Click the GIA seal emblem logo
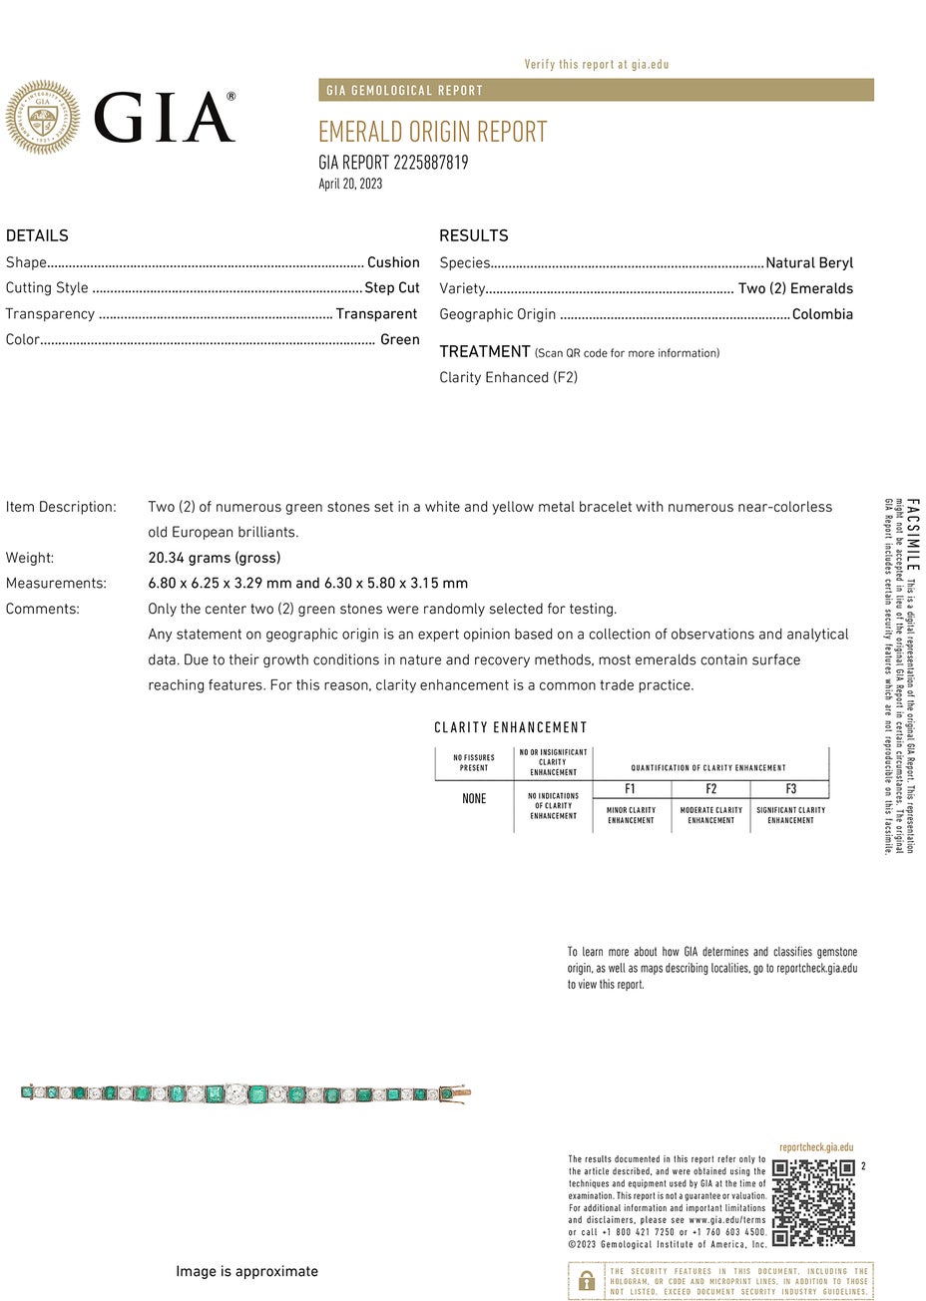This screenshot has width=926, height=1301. [42, 118]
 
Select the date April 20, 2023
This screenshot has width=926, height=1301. [350, 184]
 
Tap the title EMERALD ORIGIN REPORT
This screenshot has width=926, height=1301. [432, 132]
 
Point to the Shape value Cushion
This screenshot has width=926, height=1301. [393, 262]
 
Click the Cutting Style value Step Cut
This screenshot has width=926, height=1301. [391, 288]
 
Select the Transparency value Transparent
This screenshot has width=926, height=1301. [376, 314]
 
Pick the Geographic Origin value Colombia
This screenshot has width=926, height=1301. [822, 314]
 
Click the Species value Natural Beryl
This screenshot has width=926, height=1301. [809, 263]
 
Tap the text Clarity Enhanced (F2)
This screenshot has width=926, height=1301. [508, 377]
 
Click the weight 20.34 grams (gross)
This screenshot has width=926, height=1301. [214, 558]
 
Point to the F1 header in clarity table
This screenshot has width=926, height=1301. [631, 789]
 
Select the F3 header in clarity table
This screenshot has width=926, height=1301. [790, 789]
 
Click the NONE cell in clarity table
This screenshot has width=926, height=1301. [474, 799]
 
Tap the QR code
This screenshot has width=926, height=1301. [813, 1202]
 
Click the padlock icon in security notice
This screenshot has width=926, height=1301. [587, 1281]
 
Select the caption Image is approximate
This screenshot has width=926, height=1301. [246, 1271]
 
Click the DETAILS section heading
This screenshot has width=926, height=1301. [37, 235]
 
